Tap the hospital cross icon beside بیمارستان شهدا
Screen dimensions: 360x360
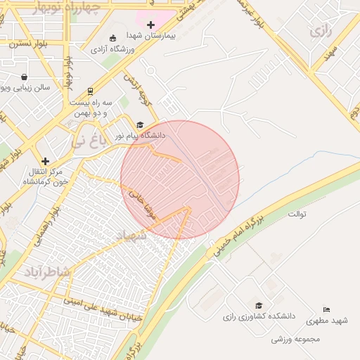[x=150, y=25]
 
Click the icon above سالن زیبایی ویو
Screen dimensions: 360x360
[x=25, y=77]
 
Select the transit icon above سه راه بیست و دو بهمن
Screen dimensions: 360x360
[x=90, y=91]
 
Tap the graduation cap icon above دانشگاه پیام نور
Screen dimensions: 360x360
[x=139, y=124]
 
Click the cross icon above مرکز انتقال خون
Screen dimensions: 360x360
[x=46, y=161]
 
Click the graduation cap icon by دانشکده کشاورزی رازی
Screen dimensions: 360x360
[x=259, y=305]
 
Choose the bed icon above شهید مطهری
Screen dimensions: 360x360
[x=326, y=310]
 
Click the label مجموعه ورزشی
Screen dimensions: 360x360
[x=296, y=339]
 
